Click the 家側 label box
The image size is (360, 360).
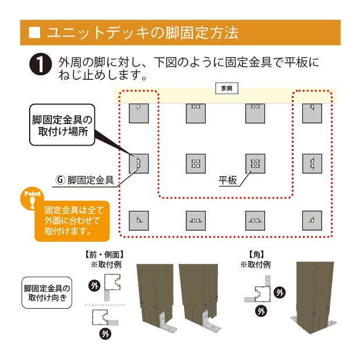click(x=227, y=89)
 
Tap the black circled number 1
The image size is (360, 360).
click(x=40, y=64)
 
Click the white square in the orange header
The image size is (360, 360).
click(x=34, y=33)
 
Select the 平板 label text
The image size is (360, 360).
click(x=228, y=181)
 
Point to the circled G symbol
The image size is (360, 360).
click(x=61, y=180)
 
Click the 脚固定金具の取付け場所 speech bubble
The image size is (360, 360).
click(x=62, y=125)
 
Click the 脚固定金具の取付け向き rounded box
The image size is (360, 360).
click(x=47, y=292)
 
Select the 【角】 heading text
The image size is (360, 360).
click(x=256, y=255)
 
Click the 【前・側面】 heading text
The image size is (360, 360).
click(x=104, y=255)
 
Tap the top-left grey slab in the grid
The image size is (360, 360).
click(x=139, y=114)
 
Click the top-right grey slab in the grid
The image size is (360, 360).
click(x=312, y=114)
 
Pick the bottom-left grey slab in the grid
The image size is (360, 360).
click(x=139, y=221)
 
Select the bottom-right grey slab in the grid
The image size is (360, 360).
click(x=312, y=221)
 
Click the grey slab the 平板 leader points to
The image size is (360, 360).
click(x=255, y=164)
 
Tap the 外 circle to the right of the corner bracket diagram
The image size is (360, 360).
click(x=280, y=292)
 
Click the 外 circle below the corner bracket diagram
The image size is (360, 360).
click(x=261, y=311)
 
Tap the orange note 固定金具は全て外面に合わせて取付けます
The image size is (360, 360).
click(x=72, y=221)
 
